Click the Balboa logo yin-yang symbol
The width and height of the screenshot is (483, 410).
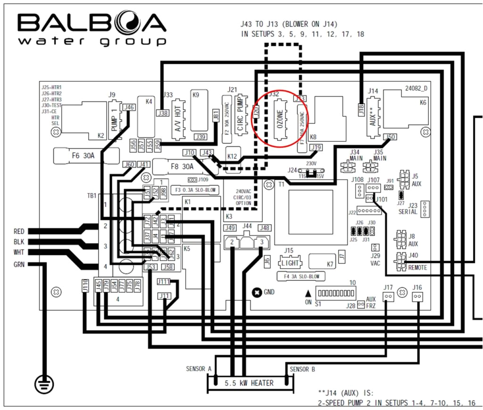click(116, 23)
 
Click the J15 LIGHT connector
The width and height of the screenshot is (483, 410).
click(289, 261)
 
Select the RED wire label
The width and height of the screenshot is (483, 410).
click(19, 231)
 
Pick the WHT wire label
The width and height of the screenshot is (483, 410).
click(19, 253)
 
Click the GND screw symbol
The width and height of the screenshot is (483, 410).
click(257, 293)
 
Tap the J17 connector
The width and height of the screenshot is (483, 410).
click(388, 296)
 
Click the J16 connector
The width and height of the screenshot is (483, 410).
click(417, 296)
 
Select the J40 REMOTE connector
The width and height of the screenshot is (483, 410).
click(401, 259)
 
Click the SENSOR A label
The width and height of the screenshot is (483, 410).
click(199, 369)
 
